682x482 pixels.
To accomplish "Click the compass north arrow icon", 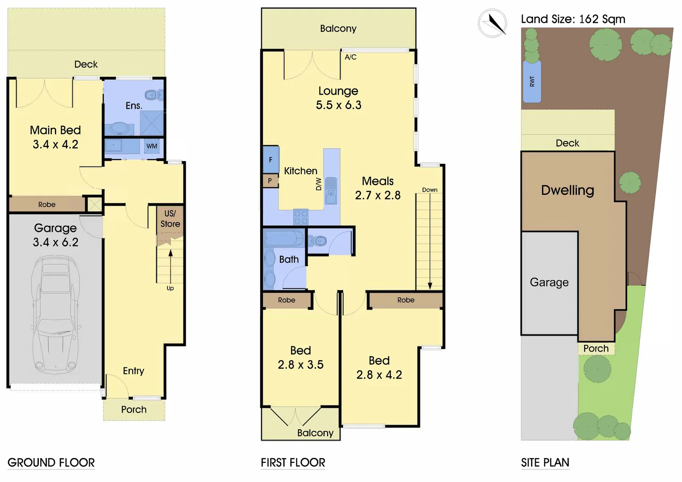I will (x=493, y=23).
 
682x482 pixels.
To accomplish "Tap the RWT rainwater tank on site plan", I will (x=532, y=82).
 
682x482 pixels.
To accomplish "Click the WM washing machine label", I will (x=152, y=146).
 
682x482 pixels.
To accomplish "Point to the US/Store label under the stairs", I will (x=170, y=219).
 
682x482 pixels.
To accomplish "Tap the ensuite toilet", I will (x=153, y=95).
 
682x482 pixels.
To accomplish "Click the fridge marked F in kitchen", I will (x=270, y=160).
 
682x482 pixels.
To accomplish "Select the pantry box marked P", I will (x=270, y=181).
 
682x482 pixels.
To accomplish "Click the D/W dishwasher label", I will (x=319, y=184).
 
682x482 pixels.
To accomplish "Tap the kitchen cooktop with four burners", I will (x=301, y=217).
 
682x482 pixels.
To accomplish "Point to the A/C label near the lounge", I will (x=350, y=57).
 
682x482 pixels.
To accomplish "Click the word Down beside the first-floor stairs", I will (x=430, y=190).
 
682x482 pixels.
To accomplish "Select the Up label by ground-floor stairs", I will (x=170, y=288).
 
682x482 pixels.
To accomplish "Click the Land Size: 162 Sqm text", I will (x=573, y=19).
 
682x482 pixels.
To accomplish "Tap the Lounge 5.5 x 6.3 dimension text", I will (x=338, y=105).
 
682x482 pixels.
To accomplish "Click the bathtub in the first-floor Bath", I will (x=283, y=238).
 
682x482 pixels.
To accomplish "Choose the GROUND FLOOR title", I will (x=51, y=463).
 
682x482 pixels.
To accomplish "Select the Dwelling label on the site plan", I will (x=567, y=190).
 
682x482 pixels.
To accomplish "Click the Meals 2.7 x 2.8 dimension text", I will (x=378, y=195).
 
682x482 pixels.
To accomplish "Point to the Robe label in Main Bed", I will (x=47, y=204).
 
